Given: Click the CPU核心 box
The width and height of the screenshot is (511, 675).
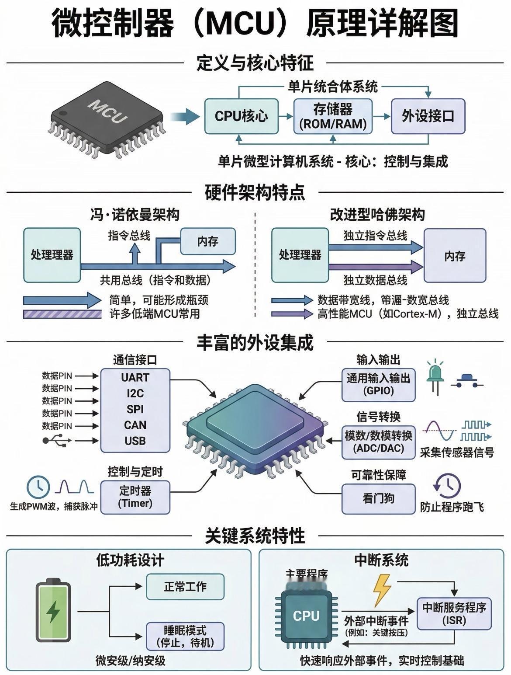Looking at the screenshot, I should click(x=242, y=116).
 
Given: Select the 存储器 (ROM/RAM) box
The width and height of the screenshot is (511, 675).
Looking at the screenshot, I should click(x=333, y=116).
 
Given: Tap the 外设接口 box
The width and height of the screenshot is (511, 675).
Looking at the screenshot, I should click(x=428, y=116).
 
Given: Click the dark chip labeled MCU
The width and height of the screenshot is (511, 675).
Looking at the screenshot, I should click(x=107, y=116).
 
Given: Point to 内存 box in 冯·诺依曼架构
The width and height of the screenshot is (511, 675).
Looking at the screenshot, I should click(x=208, y=241).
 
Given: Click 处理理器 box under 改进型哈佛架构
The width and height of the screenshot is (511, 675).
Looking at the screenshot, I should click(x=300, y=255).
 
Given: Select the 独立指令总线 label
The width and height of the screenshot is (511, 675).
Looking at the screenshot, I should click(x=375, y=236).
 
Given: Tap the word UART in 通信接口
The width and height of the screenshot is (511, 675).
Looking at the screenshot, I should click(x=135, y=377).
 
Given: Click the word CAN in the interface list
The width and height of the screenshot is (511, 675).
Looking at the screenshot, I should click(x=135, y=425).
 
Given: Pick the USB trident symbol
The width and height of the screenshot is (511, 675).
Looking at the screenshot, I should click(x=55, y=440).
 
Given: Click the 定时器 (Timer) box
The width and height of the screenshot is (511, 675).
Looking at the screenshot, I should click(x=135, y=497).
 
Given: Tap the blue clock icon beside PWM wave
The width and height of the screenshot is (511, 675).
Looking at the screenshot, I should click(x=38, y=487).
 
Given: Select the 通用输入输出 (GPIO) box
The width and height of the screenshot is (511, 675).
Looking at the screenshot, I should click(x=378, y=384).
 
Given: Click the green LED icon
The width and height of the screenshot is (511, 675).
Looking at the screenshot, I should click(x=435, y=376).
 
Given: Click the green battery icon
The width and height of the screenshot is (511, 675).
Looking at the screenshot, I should click(x=53, y=610).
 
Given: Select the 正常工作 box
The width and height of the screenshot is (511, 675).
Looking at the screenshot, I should click(x=185, y=587).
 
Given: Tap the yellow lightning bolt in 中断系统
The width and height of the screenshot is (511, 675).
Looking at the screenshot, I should click(x=382, y=589).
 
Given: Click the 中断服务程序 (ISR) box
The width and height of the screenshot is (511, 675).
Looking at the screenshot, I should click(x=454, y=613).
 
